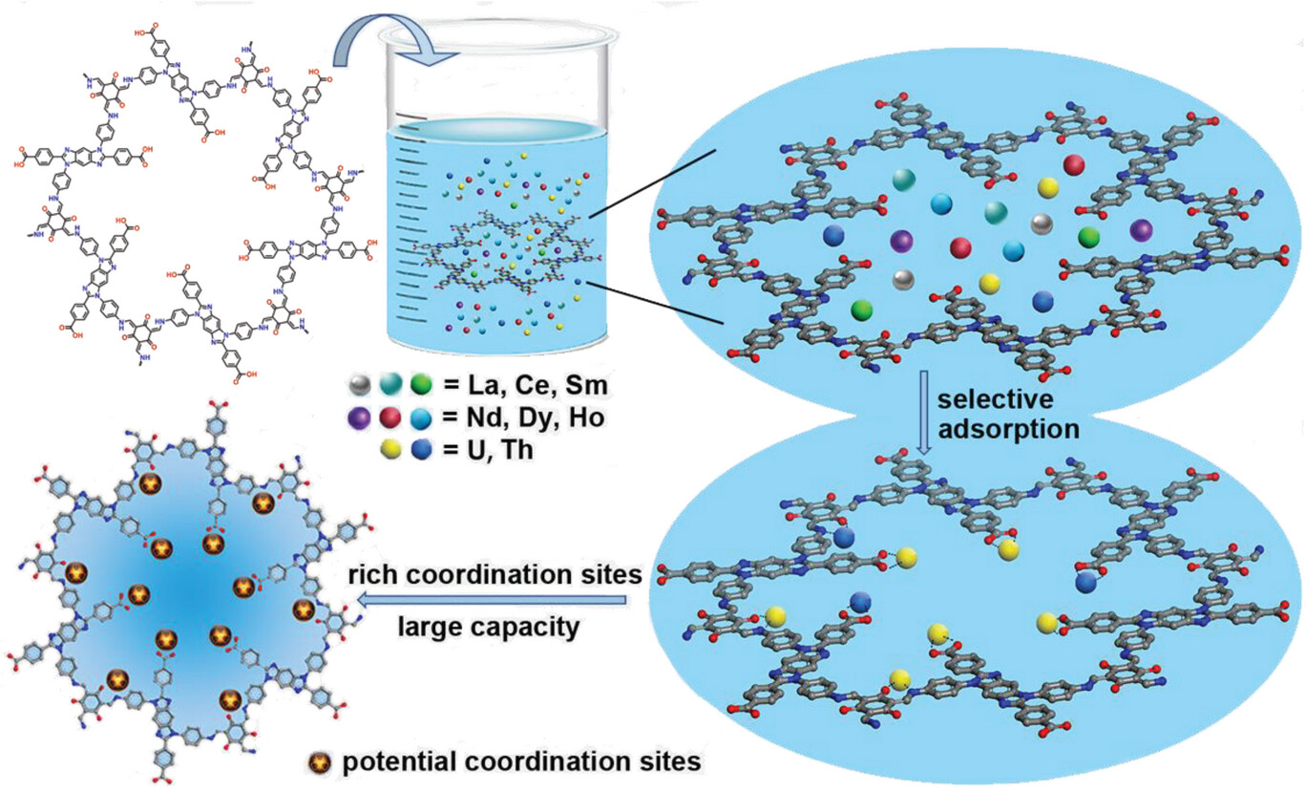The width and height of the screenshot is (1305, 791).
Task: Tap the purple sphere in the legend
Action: [361, 417]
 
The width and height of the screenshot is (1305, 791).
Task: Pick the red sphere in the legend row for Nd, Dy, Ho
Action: [389, 417]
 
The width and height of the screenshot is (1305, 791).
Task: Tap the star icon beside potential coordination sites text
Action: [323, 763]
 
